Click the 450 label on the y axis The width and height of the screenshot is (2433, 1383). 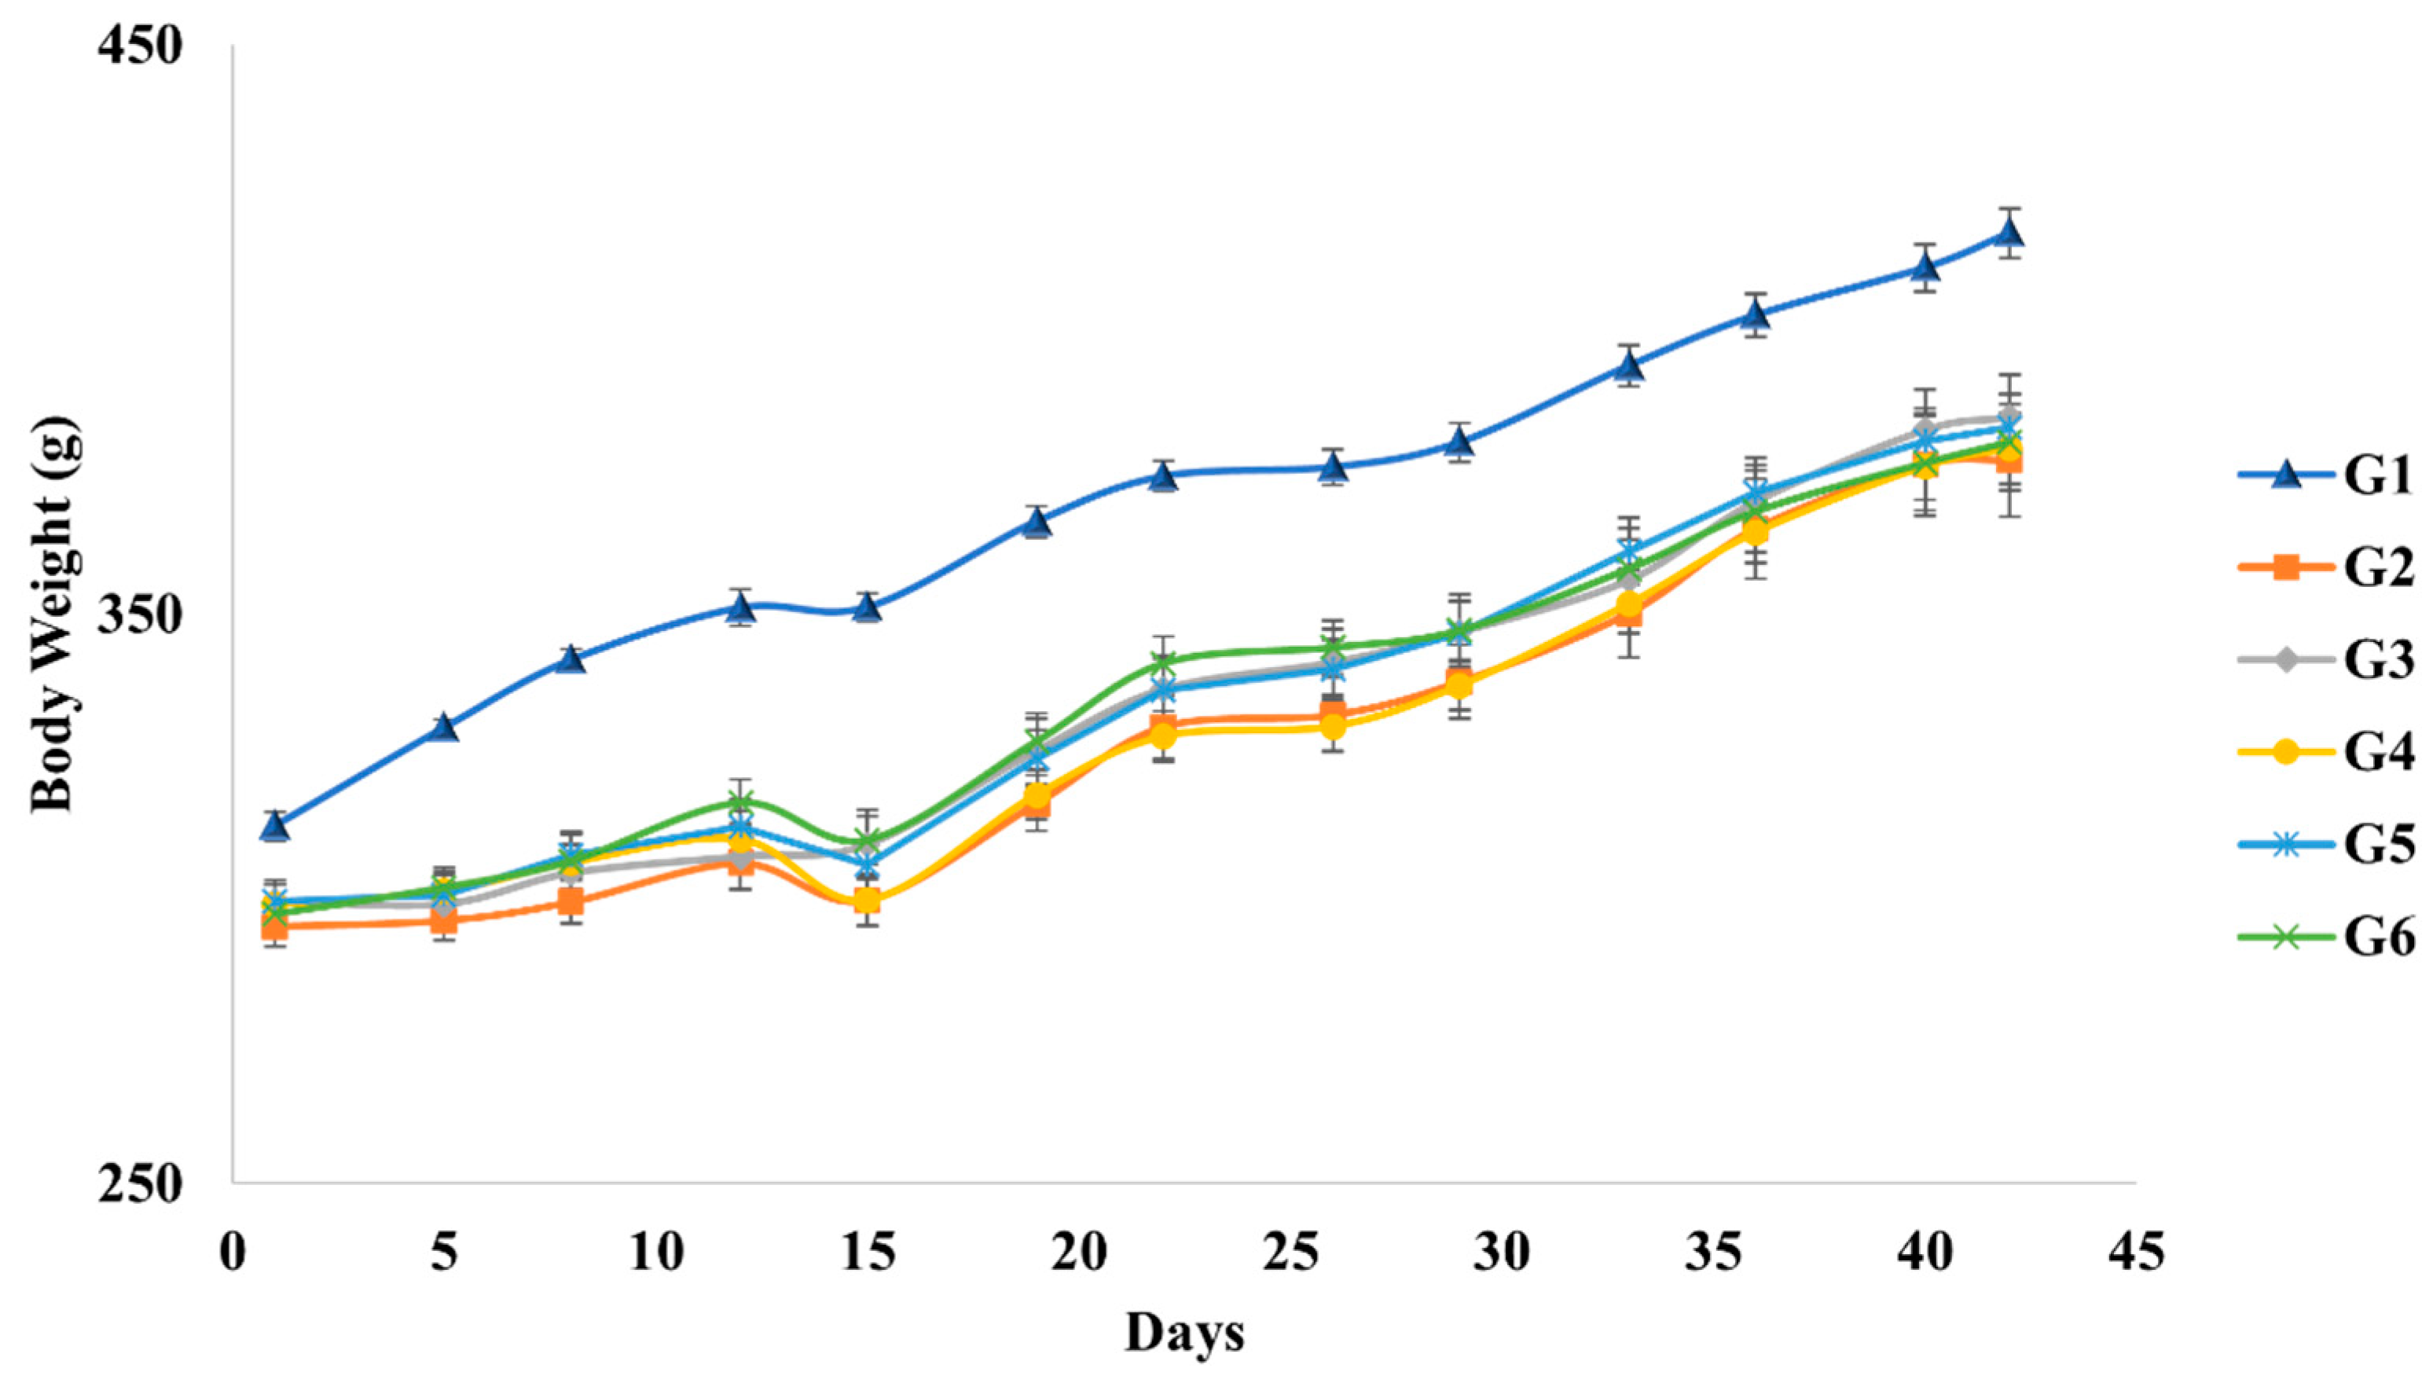[138, 45]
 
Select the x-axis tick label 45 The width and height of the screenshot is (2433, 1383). [2136, 1253]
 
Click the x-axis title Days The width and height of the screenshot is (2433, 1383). [1184, 1333]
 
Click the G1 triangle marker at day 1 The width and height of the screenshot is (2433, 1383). [275, 827]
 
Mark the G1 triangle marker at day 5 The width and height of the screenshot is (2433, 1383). [445, 728]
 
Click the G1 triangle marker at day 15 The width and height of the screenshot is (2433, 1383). [867, 607]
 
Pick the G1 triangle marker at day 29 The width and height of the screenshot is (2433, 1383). [1459, 442]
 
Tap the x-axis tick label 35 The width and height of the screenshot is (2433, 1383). [1713, 1253]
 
